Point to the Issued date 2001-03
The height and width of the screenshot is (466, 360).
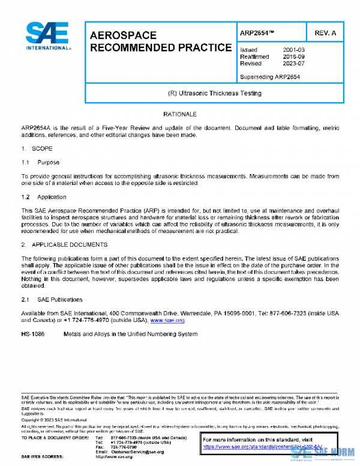pyautogui.click(x=294, y=50)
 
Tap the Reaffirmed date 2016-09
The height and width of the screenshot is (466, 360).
pyautogui.click(x=294, y=56)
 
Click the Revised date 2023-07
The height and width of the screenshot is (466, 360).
pyautogui.click(x=294, y=63)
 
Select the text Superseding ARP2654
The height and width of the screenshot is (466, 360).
pyautogui.click(x=270, y=76)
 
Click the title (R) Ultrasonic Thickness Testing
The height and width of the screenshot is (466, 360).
pyautogui.click(x=215, y=94)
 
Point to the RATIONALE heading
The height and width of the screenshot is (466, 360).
pyautogui.click(x=179, y=113)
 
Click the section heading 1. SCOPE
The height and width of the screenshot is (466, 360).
pyautogui.click(x=37, y=148)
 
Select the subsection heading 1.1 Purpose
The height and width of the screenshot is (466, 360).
pyautogui.click(x=41, y=162)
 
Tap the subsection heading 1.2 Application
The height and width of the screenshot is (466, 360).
pyautogui.click(x=44, y=197)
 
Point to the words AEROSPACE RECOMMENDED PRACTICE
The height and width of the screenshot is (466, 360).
pyautogui.click(x=160, y=41)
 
